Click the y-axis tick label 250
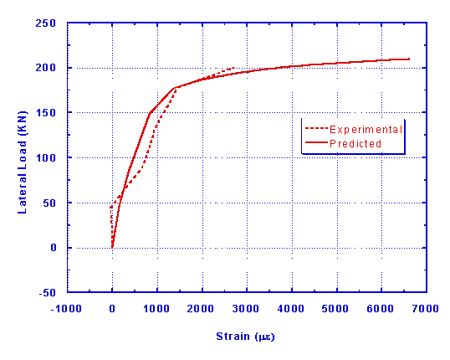pyautogui.click(x=51, y=23)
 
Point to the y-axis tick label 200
pyautogui.click(x=51, y=68)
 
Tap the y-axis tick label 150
pyautogui.click(x=51, y=113)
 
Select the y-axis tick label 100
pyautogui.click(x=51, y=158)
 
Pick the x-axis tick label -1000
pyautogui.click(x=67, y=309)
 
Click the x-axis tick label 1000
pyautogui.click(x=156, y=309)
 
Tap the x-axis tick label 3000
pyautogui.click(x=246, y=309)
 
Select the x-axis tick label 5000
pyautogui.click(x=336, y=309)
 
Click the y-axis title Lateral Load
pyautogui.click(x=23, y=159)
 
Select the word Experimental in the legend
pyautogui.click(x=366, y=130)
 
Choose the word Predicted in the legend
pyautogui.click(x=355, y=143)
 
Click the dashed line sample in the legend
pyautogui.click(x=315, y=130)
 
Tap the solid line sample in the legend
pyautogui.click(x=315, y=143)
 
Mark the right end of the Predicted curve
pyautogui.click(x=409, y=59)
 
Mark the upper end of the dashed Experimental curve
pyautogui.click(x=233, y=67)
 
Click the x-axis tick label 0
pyautogui.click(x=112, y=309)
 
